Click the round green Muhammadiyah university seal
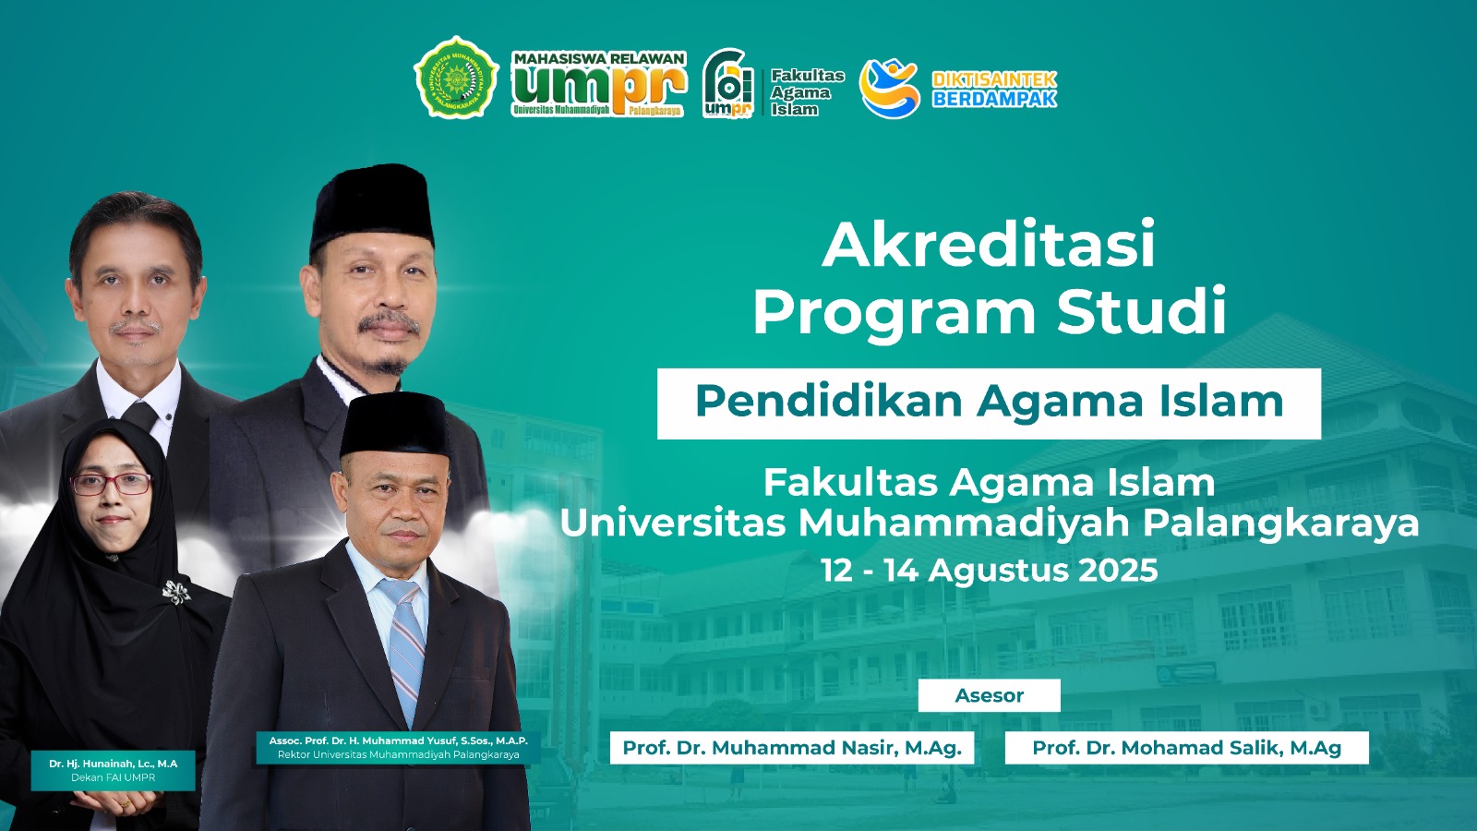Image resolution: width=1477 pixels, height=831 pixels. pos(456,78)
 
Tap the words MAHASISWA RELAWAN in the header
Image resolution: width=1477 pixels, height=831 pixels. pos(599,59)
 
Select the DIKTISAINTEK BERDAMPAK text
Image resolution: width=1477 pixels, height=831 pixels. pos(993,89)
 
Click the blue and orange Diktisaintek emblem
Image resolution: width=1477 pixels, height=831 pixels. pos(890,88)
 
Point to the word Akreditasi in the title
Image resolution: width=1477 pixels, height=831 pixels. pos(989,244)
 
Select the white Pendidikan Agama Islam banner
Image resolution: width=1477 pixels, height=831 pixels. pos(989,403)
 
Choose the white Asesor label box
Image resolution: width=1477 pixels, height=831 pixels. pos(989,695)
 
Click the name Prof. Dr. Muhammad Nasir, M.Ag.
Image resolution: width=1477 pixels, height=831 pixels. pos(792,748)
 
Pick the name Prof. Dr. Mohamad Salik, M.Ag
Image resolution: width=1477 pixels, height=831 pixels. pos(1187,748)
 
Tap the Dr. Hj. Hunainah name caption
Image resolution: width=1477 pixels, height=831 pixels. pos(114,764)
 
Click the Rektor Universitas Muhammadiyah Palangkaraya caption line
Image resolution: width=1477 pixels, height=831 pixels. pos(398,754)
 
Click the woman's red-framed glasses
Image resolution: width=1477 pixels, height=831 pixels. pos(111,484)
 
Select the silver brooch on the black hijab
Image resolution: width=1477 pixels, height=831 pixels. pos(176,592)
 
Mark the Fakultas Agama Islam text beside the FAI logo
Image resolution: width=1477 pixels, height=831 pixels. pos(807,92)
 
